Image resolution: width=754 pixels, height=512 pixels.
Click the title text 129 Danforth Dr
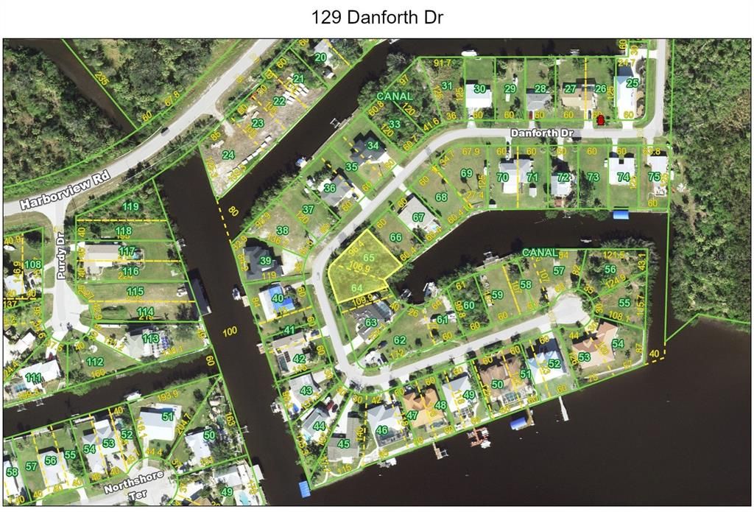pyautogui.click(x=377, y=17)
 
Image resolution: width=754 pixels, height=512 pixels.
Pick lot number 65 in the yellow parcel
pyautogui.click(x=369, y=256)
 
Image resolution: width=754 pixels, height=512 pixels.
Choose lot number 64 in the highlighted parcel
pyautogui.click(x=357, y=287)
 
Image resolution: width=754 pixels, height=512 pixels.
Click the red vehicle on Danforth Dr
pyautogui.click(x=600, y=119)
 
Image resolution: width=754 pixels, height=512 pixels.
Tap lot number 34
pyautogui.click(x=374, y=145)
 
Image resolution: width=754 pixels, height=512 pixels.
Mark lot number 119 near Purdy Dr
pyautogui.click(x=131, y=206)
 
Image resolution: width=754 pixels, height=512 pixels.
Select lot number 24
pyautogui.click(x=228, y=155)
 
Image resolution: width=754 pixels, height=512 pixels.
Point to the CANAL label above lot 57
pyautogui.click(x=540, y=253)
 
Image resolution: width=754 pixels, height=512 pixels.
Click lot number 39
pyautogui.click(x=266, y=260)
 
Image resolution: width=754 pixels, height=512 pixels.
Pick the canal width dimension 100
pyautogui.click(x=230, y=332)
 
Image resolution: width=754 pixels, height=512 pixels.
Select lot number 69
pyautogui.click(x=466, y=173)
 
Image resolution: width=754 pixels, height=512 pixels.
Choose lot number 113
pyautogui.click(x=151, y=338)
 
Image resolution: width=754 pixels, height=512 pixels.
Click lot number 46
pyautogui.click(x=381, y=430)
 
